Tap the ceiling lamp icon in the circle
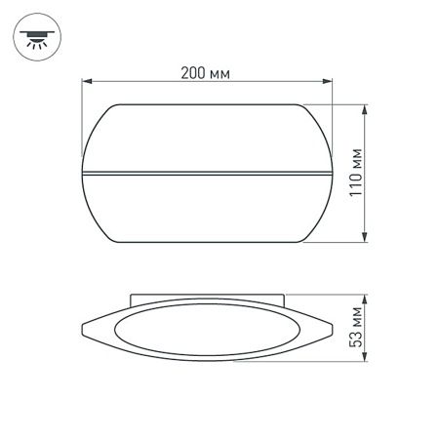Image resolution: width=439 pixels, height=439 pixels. point(37,38)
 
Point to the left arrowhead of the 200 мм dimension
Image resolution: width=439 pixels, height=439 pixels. point(84,84)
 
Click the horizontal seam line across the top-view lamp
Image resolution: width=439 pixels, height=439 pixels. point(207,176)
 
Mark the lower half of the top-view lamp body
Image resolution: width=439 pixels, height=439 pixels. point(207,210)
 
